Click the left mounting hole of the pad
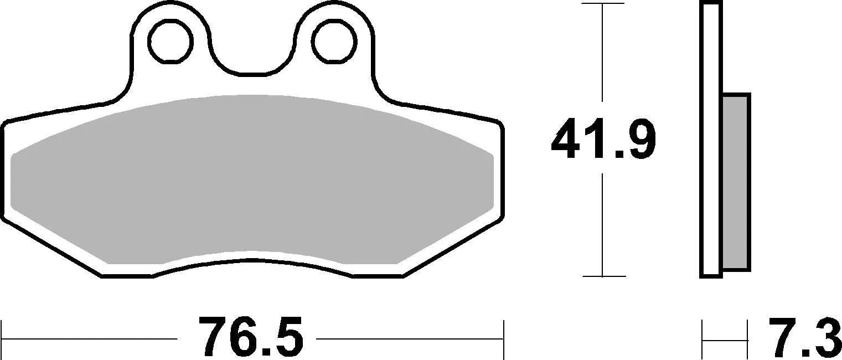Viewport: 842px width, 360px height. pos(169,41)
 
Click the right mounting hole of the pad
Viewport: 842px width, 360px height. pos(333,41)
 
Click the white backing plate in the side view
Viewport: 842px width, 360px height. pos(711,138)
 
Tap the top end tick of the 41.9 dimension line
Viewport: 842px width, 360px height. pos(602,3)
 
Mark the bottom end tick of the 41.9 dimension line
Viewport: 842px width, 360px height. pos(602,276)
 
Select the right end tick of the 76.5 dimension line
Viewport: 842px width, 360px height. pos(503,337)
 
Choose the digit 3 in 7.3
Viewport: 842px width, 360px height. pos(825,337)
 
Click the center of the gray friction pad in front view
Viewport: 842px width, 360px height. pos(252,177)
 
